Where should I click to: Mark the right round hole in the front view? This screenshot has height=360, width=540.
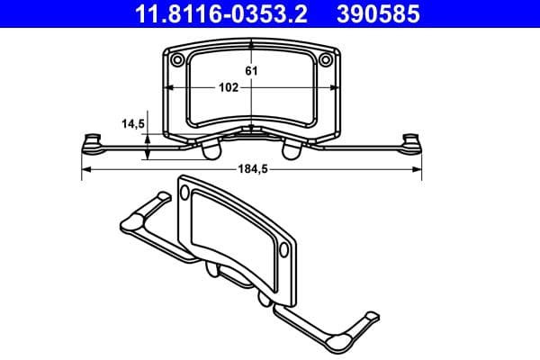click(326, 59)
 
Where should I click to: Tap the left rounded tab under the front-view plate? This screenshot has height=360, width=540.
click(210, 149)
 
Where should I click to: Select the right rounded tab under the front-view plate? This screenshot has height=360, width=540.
click(294, 149)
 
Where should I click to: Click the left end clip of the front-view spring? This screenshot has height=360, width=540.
click(90, 141)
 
